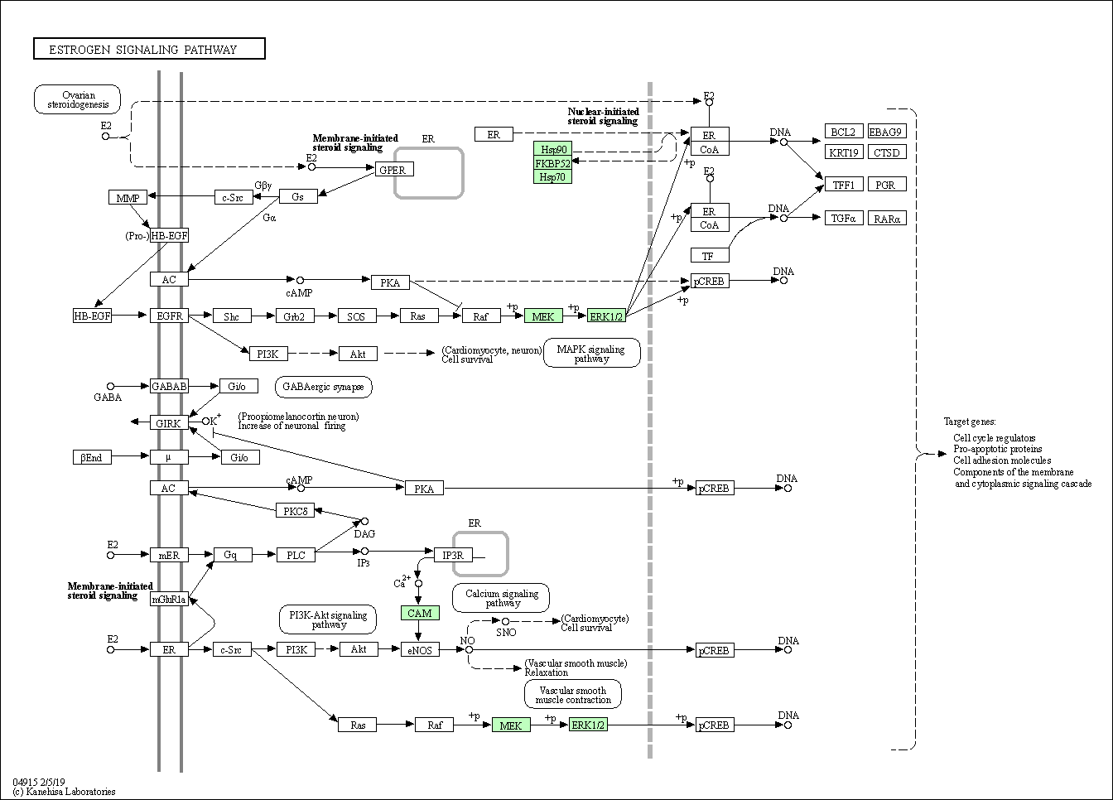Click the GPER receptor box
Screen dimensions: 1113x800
click(x=394, y=170)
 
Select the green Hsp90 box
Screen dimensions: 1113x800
click(x=552, y=148)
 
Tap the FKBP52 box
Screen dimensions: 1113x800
click(x=552, y=163)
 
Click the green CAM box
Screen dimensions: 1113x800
click(x=420, y=613)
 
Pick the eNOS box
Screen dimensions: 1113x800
click(x=420, y=649)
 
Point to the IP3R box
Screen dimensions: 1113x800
click(x=453, y=555)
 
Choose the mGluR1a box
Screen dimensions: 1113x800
click(x=170, y=600)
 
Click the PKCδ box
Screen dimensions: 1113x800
click(x=295, y=510)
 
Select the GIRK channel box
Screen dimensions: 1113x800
click(x=170, y=423)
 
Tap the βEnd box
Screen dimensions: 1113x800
click(x=92, y=457)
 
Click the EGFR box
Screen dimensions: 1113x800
click(x=170, y=316)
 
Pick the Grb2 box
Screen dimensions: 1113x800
click(x=295, y=316)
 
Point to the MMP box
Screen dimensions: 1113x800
click(x=128, y=197)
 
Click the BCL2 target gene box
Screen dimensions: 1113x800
click(x=844, y=131)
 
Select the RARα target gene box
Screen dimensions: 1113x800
click(x=887, y=218)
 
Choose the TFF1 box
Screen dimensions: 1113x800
click(x=844, y=185)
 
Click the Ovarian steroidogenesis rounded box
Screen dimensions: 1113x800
click(x=78, y=99)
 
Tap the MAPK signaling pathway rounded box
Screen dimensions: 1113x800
click(x=592, y=354)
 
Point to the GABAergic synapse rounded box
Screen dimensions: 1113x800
click(x=324, y=387)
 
